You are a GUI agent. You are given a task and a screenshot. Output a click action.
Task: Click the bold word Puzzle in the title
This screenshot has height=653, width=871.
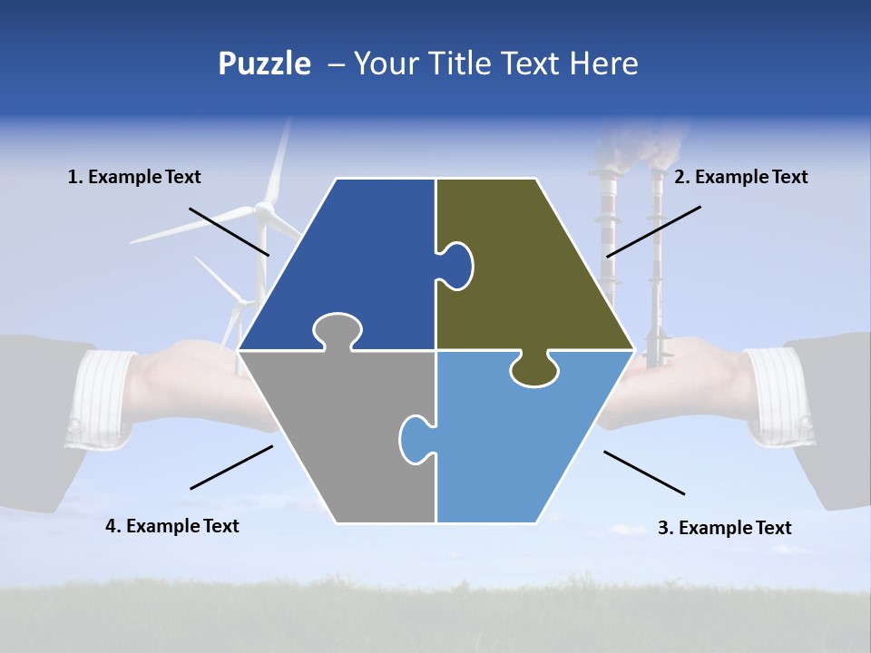tap(264, 64)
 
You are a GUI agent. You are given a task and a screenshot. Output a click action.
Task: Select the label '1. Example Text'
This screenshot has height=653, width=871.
tap(134, 177)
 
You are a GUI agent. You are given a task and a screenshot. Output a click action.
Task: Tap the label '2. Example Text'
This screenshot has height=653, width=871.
tap(740, 177)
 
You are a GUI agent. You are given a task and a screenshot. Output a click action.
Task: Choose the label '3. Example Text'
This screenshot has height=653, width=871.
tap(724, 528)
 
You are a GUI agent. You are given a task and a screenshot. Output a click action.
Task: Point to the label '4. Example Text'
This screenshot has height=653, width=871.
tap(172, 526)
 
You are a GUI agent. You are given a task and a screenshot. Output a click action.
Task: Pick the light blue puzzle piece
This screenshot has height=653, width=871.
tap(526, 435)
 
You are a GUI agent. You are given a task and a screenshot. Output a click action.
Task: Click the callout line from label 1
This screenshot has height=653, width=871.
tap(229, 231)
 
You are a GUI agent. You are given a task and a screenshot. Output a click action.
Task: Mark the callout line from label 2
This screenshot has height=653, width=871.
tap(653, 231)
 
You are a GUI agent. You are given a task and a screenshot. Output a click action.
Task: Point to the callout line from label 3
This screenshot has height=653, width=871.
tap(644, 473)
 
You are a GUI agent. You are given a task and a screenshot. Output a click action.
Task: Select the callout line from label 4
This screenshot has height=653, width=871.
tap(231, 467)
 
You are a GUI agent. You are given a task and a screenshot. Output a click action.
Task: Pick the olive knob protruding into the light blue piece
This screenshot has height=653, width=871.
tap(533, 370)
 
